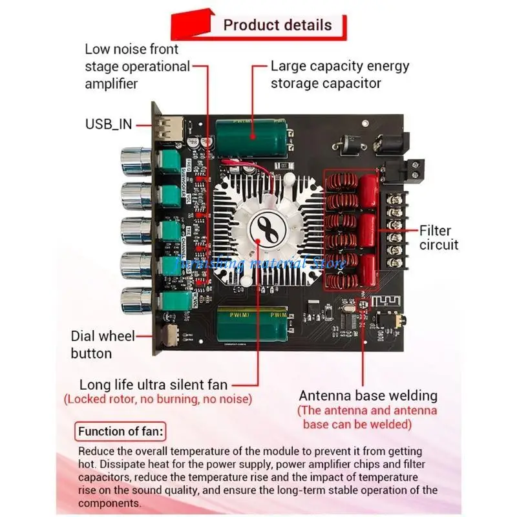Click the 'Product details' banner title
click(277, 25)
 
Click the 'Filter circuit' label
click(439, 237)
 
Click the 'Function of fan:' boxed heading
click(120, 432)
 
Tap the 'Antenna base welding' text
click(368, 396)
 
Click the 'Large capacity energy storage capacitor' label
click(339, 74)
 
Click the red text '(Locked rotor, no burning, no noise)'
click(158, 399)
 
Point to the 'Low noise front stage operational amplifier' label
click(137, 66)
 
